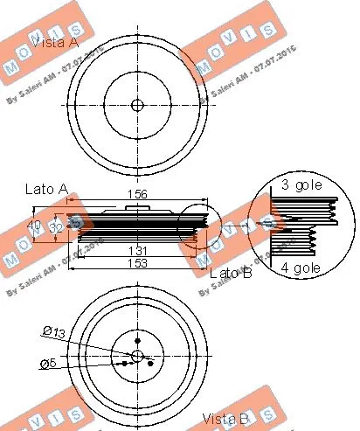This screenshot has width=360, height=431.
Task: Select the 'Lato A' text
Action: click(x=47, y=187)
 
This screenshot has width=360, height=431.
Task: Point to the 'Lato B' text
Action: click(x=230, y=275)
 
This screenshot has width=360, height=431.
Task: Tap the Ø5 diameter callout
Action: click(x=52, y=363)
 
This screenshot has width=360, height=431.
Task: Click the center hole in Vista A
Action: click(x=136, y=105)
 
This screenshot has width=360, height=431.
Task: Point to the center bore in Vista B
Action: click(x=136, y=354)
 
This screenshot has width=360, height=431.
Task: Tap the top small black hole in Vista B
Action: click(x=136, y=341)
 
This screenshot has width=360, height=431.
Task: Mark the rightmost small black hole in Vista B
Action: click(x=151, y=362)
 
